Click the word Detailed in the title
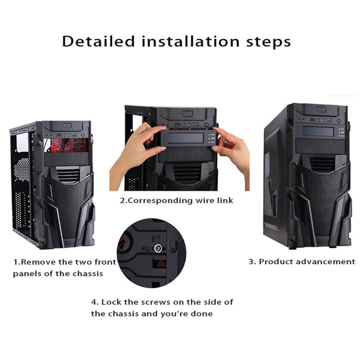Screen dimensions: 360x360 [x=98, y=41]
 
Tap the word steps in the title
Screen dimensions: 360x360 [x=269, y=43]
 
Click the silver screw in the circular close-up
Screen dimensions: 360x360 [x=158, y=248]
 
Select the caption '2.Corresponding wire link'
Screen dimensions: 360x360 [x=176, y=200]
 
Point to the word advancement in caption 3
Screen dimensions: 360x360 [x=317, y=262]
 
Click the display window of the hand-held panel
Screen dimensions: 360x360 [x=185, y=138]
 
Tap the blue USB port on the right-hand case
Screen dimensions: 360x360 [x=329, y=121]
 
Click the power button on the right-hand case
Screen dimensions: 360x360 [x=339, y=121]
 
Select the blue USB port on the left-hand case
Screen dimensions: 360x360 [x=74, y=135]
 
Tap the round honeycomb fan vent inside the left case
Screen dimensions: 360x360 [x=22, y=169]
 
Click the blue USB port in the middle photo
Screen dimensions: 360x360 [x=196, y=125]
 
